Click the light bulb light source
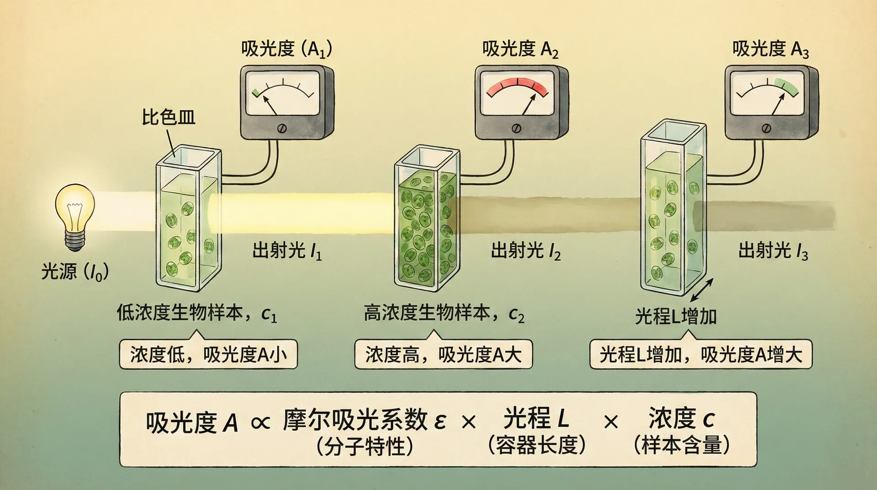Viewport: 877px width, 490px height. point(75,215)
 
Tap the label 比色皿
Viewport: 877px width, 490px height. point(168,117)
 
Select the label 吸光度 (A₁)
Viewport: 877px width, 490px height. point(286,49)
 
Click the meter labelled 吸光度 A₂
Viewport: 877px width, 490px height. point(521,102)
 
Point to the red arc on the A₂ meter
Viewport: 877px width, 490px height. point(517,85)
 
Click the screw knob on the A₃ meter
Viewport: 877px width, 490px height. point(766,128)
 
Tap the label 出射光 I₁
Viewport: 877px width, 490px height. point(287,251)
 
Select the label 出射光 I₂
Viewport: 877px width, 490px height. point(525,251)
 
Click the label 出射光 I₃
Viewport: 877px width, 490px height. point(773,251)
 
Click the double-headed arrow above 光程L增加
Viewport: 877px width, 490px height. point(701,291)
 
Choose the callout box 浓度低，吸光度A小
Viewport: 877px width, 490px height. point(208,354)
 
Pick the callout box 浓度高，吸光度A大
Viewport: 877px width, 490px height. point(444,354)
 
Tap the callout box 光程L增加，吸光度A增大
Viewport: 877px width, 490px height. point(701,354)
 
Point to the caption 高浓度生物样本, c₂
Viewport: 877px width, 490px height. point(444,314)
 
